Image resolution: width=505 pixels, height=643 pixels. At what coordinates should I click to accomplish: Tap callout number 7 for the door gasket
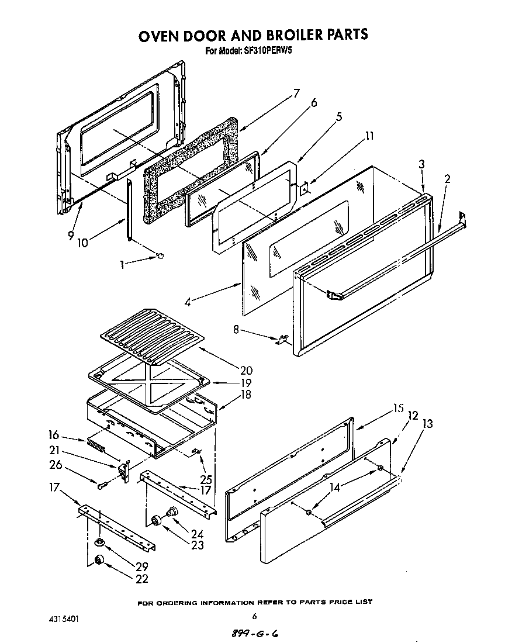(296, 93)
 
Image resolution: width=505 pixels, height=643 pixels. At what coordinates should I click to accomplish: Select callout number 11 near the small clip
(369, 137)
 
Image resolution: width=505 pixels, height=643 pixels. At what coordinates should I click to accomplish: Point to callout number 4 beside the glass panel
(188, 302)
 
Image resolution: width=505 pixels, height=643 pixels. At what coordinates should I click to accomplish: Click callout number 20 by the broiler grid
(246, 370)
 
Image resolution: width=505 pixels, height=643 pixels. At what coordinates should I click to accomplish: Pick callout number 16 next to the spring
(54, 434)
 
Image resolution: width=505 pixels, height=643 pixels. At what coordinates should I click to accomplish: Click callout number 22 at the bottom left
(141, 579)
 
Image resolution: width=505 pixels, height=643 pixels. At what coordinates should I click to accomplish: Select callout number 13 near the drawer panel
(427, 424)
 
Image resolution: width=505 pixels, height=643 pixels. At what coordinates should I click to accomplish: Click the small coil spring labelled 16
(96, 447)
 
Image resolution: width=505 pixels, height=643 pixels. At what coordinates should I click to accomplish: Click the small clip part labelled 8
(282, 339)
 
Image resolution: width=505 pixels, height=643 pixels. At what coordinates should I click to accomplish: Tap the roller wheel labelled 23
(157, 520)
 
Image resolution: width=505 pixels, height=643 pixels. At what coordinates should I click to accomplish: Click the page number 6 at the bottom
(254, 616)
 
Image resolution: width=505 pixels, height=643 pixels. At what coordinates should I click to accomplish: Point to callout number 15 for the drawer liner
(398, 409)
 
